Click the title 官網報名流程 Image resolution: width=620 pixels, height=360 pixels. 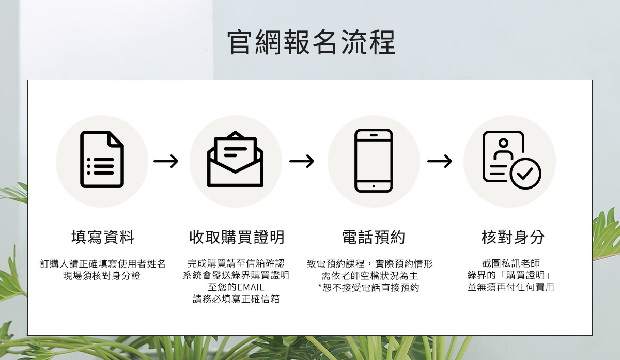pos(311,42)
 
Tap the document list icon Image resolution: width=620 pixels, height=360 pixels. pos(102,160)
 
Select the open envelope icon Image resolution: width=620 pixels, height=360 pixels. pos(235,160)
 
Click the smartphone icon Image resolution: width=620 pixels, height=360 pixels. pos(374,161)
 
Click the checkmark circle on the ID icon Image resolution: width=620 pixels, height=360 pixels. pos(525,174)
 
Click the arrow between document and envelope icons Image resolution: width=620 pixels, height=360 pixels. pos(166,162)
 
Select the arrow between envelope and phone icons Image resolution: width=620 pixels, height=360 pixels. pos(302,162)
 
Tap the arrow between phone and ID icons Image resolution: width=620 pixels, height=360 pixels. pos(440,162)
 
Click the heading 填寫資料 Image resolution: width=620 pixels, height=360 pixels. pos(103,238)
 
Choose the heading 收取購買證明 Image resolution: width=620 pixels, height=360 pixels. pos(237,238)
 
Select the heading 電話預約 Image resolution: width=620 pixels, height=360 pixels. pos(374,238)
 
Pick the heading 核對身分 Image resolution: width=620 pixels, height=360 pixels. pos(513,238)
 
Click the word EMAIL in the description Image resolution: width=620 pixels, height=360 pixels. pos(251,287)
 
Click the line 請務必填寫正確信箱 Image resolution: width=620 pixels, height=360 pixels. pos(236,299)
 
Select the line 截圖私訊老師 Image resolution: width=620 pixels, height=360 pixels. pos(510,263)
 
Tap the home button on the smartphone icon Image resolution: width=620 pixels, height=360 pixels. pos(374,186)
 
